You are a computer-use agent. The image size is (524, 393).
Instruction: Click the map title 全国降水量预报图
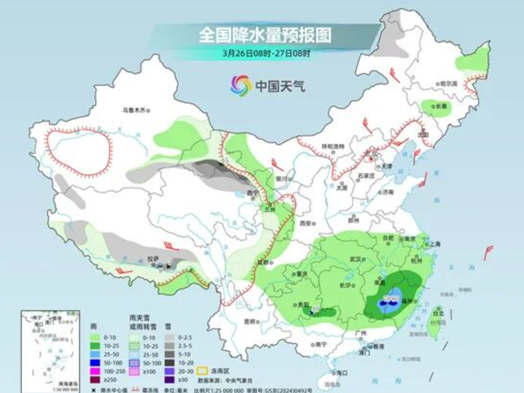[265, 35]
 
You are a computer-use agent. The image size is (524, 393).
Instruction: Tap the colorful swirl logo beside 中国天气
[241, 86]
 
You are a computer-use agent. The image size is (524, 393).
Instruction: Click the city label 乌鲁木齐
[134, 110]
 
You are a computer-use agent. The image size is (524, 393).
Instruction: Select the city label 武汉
[356, 259]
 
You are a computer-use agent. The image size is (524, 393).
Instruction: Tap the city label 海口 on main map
[341, 373]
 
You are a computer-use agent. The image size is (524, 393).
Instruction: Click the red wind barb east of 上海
[488, 251]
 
